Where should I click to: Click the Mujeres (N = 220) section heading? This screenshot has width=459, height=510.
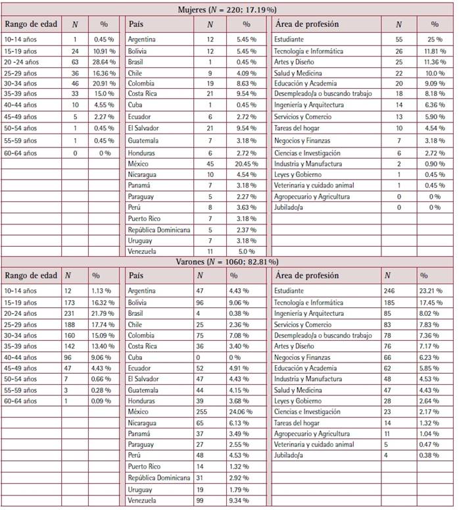point(228,10)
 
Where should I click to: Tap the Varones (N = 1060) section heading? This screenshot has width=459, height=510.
point(228,261)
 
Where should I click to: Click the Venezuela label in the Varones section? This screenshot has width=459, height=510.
point(143,501)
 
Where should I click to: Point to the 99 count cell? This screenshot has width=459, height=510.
point(202,501)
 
